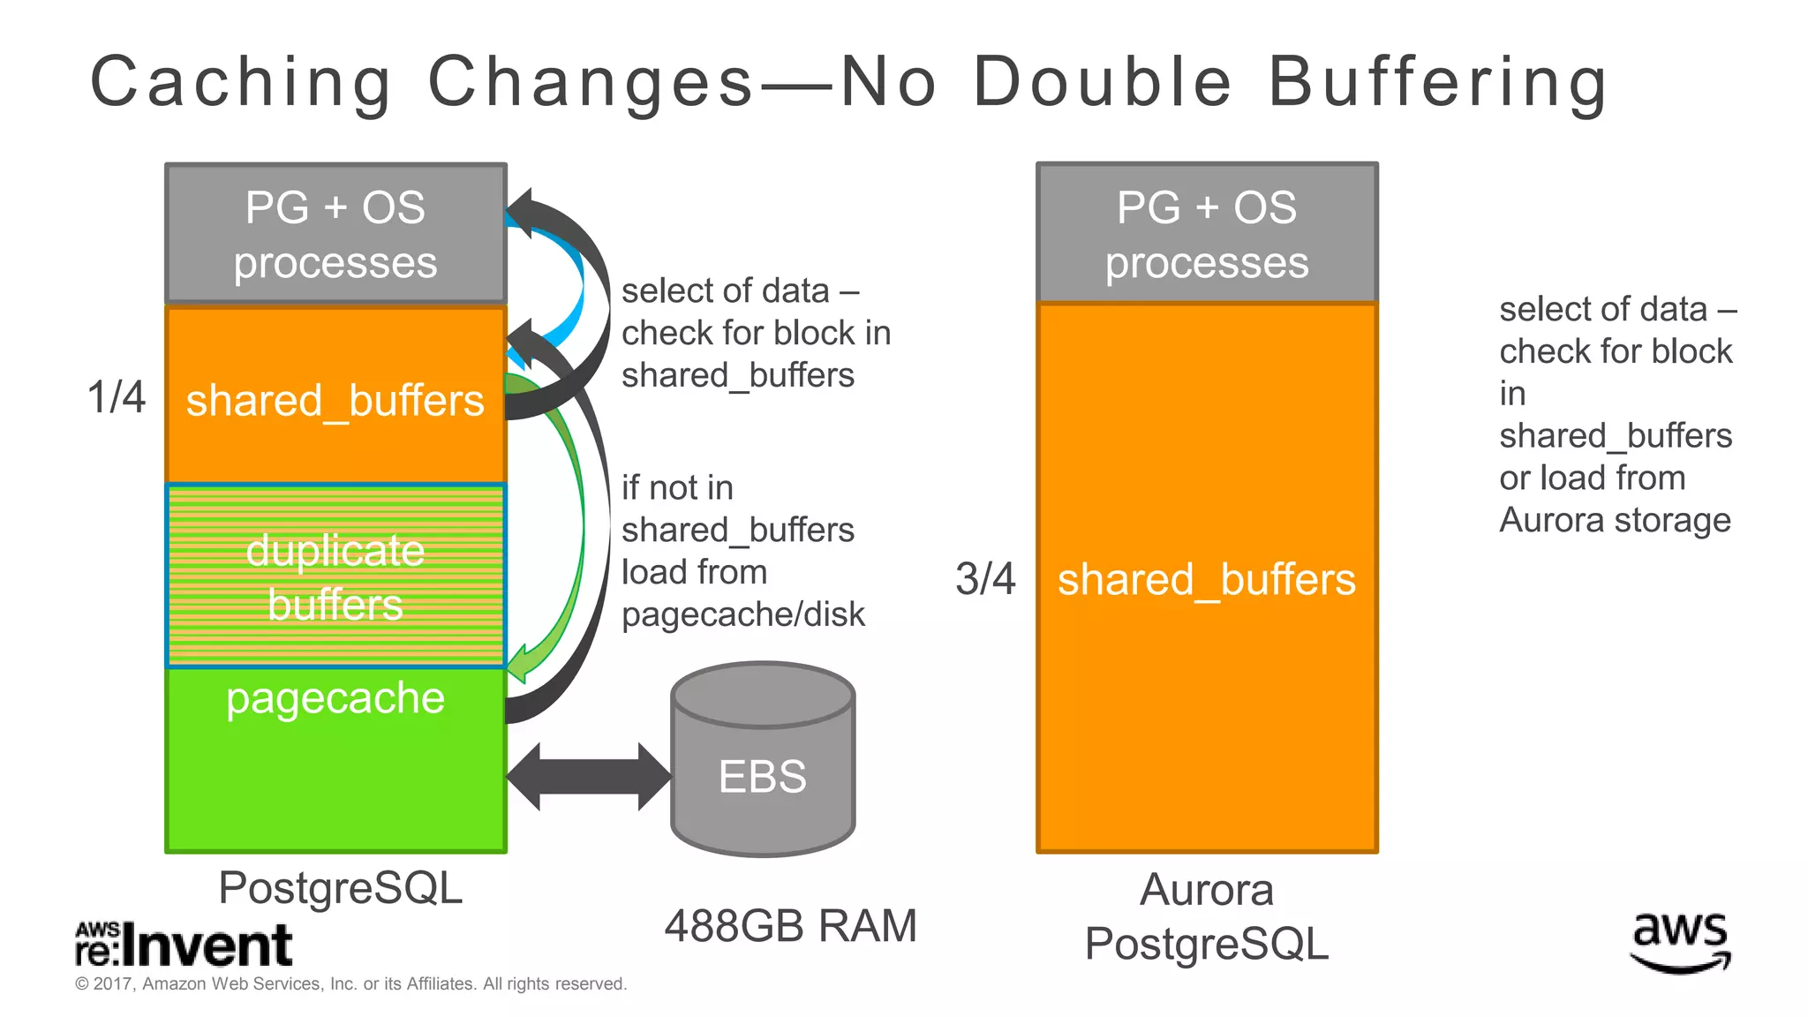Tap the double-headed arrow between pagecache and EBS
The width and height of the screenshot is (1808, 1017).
(x=588, y=777)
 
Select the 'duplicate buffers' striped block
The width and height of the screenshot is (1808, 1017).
(x=335, y=576)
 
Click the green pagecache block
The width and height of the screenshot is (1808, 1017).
(x=335, y=768)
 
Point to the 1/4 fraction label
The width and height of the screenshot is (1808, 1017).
(x=116, y=396)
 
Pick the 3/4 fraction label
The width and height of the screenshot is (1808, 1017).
(x=985, y=579)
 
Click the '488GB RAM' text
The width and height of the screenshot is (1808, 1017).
(x=790, y=926)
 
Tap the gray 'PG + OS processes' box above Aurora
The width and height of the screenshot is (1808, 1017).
(x=1207, y=234)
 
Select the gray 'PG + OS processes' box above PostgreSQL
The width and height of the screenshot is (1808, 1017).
(x=335, y=234)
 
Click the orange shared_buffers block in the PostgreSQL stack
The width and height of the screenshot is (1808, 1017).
(x=335, y=397)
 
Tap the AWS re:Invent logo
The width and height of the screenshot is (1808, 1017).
(x=184, y=945)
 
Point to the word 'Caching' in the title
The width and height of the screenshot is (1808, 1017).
(x=241, y=82)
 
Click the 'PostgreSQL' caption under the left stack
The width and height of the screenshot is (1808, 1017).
(x=340, y=887)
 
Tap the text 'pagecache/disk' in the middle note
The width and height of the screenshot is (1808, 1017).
(x=743, y=614)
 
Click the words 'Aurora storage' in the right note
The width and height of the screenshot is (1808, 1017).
(x=1615, y=520)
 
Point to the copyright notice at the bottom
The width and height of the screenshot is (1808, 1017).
(x=350, y=983)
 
